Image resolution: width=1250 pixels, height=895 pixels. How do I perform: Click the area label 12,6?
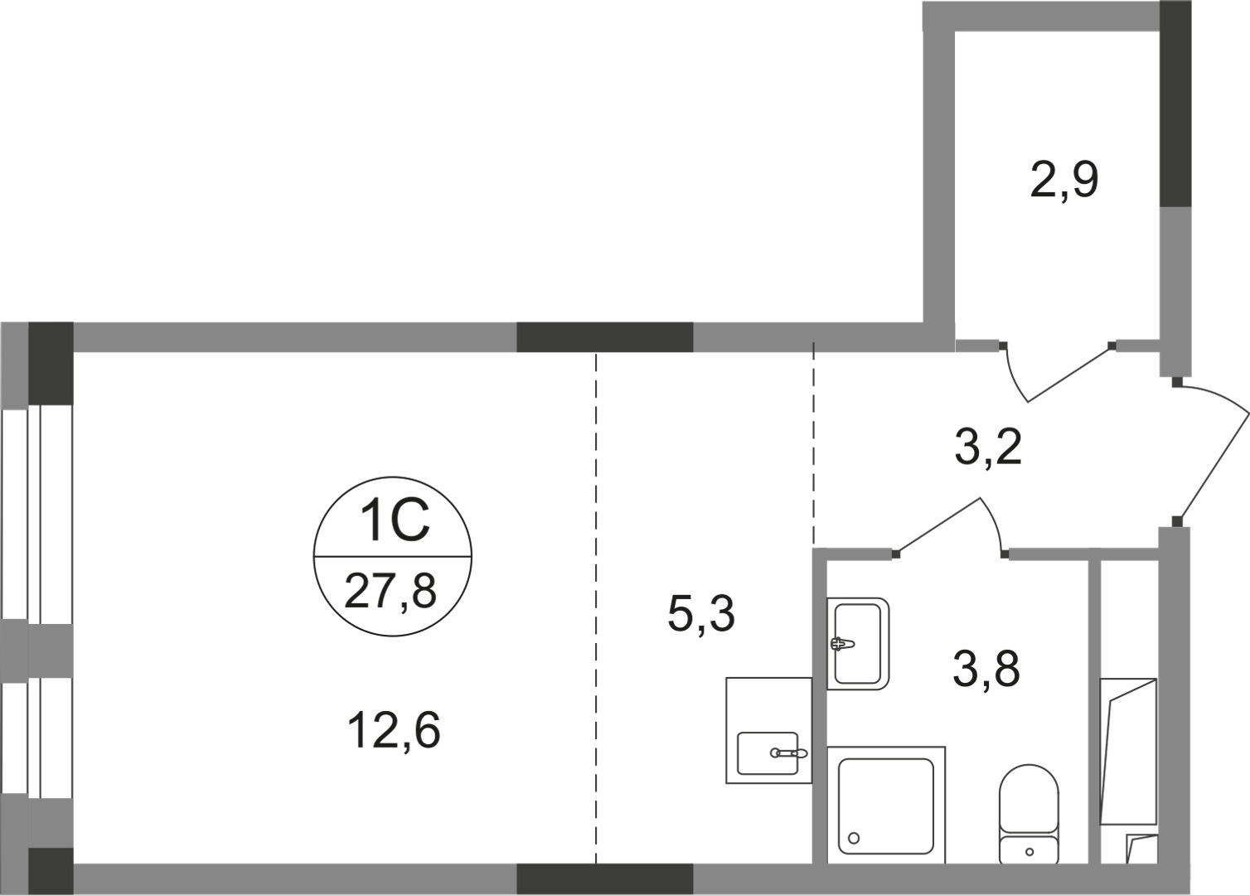click(394, 731)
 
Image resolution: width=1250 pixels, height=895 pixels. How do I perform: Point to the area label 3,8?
click(986, 669)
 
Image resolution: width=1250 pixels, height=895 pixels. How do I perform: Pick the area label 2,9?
click(1064, 180)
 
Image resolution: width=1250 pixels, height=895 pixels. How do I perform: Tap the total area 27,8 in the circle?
click(390, 592)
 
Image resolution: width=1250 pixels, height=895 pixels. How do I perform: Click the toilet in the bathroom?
click(1029, 812)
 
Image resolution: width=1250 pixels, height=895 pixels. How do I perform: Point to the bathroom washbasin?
click(858, 643)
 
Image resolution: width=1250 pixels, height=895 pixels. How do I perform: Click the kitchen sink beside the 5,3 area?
click(768, 752)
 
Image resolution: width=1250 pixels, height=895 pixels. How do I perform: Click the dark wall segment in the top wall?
click(604, 337)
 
